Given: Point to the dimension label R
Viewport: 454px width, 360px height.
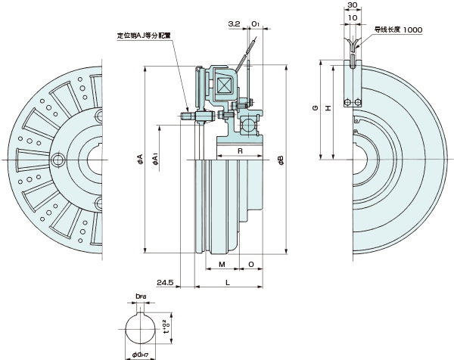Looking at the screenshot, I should click(x=239, y=151).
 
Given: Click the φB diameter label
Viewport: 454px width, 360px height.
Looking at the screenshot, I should click(x=280, y=160).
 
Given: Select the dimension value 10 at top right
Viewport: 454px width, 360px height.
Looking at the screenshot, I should click(x=353, y=17).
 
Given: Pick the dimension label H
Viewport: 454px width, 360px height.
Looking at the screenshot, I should click(x=327, y=108).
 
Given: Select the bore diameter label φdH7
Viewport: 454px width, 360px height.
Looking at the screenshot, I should click(x=141, y=353).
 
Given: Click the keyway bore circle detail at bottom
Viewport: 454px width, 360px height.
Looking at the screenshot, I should click(x=141, y=331).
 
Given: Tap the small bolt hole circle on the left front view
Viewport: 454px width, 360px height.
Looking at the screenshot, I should click(x=60, y=160).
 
